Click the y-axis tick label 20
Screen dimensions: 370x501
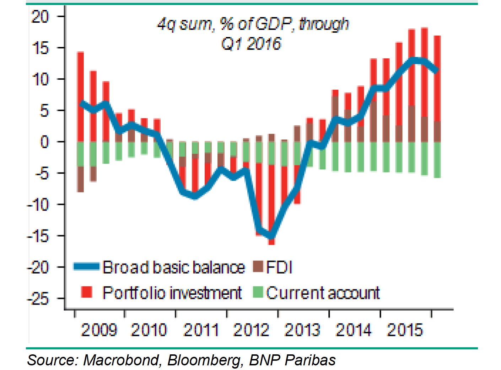[40, 16]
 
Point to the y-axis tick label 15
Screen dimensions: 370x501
[40, 48]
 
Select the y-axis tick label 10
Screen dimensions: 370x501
[40, 79]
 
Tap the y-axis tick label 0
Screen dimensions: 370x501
[44, 142]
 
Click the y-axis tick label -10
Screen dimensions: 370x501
[38, 205]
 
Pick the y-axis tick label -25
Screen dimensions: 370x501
[38, 299]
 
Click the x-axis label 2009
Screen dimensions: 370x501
[99, 330]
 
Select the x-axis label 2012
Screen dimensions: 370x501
[251, 330]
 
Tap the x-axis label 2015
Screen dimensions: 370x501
[405, 330]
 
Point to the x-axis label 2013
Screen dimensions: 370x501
[302, 330]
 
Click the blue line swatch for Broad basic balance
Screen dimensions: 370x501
[86, 266]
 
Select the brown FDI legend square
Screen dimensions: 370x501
[258, 266]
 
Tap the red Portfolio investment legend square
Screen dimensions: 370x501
[87, 292]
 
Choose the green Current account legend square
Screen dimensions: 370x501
[258, 292]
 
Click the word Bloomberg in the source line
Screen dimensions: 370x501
[205, 360]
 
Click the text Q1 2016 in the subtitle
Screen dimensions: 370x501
[251, 44]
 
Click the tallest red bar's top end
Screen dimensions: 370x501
[424, 28]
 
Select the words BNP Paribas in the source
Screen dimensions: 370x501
[292, 360]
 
